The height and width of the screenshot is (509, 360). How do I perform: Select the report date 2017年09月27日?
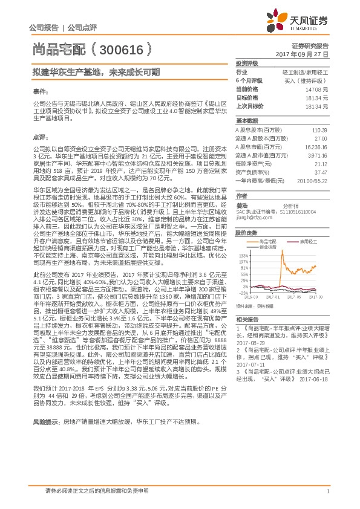[x=303, y=54]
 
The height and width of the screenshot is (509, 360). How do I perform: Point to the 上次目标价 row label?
[x=249, y=106]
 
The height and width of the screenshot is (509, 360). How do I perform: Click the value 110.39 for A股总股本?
[x=319, y=130]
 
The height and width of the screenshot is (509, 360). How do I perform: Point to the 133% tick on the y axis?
[x=241, y=256]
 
